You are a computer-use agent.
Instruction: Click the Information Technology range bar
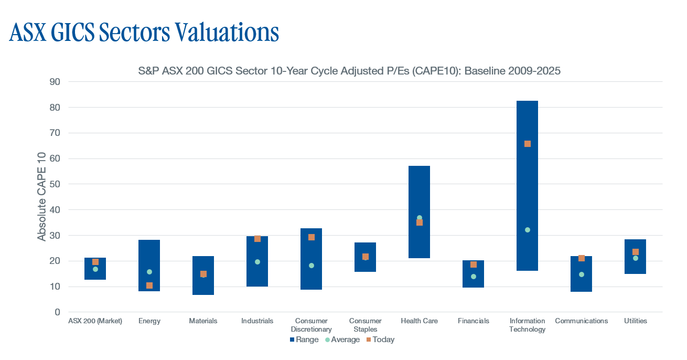(x=527, y=186)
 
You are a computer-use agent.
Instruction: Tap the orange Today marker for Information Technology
(x=528, y=144)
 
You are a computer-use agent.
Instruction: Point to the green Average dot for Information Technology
(x=528, y=230)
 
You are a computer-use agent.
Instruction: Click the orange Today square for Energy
(x=149, y=285)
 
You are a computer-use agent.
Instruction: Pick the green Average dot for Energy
(x=149, y=272)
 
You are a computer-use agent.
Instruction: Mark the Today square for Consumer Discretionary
(x=312, y=237)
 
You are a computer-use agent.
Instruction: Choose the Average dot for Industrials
(x=257, y=262)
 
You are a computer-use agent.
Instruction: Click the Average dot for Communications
(x=582, y=274)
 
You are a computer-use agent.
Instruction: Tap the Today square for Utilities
(x=636, y=252)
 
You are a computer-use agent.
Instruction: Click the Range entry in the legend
(x=304, y=340)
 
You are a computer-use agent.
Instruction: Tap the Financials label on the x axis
(x=473, y=321)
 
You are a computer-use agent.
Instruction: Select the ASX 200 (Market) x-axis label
(x=95, y=321)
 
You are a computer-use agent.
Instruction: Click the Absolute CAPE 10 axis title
(x=41, y=197)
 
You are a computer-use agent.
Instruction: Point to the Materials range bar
(x=203, y=276)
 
